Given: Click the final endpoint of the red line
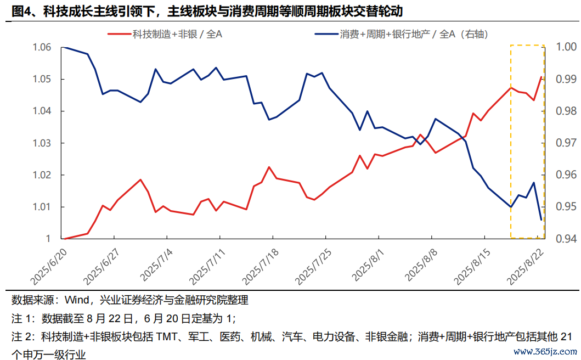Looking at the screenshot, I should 541,77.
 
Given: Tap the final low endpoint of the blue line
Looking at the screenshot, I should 541,220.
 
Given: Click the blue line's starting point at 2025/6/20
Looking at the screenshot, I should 65,48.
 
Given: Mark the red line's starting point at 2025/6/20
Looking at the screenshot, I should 65,239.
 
